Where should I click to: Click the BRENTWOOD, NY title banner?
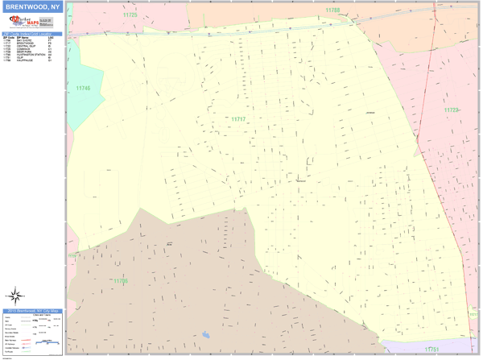[32, 7]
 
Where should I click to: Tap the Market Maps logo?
[22, 24]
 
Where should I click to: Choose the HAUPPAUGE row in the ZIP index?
[25, 61]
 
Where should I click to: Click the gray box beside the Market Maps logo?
[49, 25]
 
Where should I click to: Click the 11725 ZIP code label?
[130, 14]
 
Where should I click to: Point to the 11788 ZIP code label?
[332, 10]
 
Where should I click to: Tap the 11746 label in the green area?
[83, 88]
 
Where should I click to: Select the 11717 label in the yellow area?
[237, 119]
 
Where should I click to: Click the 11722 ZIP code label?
[452, 110]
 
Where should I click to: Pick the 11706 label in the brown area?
[120, 280]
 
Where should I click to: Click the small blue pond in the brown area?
[206, 333]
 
